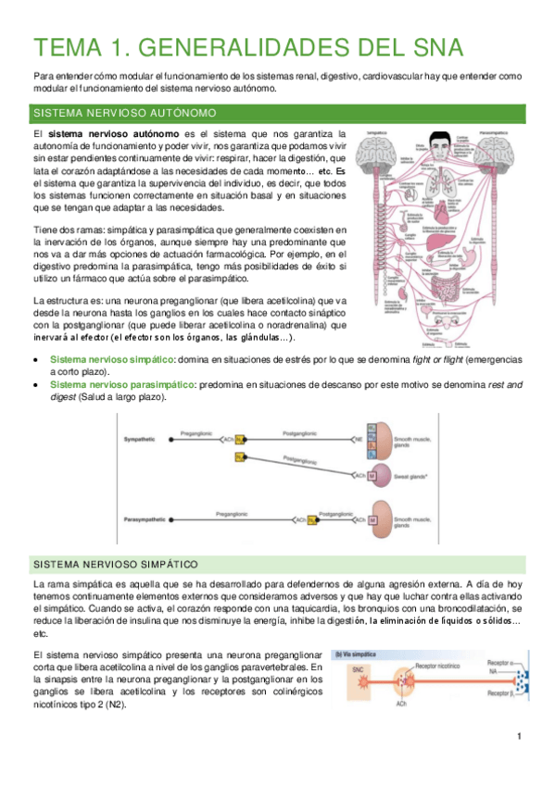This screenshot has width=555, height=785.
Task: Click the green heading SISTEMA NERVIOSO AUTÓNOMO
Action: point(125,113)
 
